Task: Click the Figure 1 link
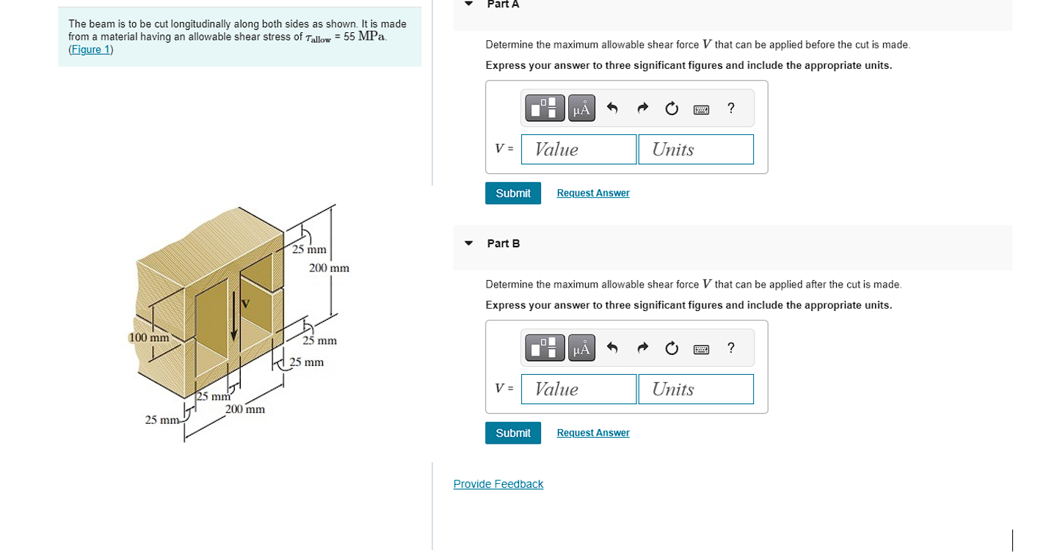tap(91, 50)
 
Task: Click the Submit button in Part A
tap(513, 193)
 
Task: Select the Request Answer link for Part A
tap(593, 193)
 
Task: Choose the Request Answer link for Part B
tap(593, 433)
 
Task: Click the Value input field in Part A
tap(578, 149)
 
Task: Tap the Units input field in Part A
tap(696, 149)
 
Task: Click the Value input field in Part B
tap(578, 389)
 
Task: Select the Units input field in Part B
tap(696, 389)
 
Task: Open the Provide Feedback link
tap(498, 484)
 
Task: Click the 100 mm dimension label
tap(149, 337)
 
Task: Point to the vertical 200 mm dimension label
tap(329, 268)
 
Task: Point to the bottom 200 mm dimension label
tap(245, 409)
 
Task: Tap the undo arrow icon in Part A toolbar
tap(612, 108)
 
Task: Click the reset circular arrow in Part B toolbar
tap(672, 348)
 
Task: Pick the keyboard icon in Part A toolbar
tap(701, 109)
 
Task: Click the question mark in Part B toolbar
tap(730, 348)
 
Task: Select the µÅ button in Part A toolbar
tap(581, 109)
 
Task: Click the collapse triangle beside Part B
tap(468, 243)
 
